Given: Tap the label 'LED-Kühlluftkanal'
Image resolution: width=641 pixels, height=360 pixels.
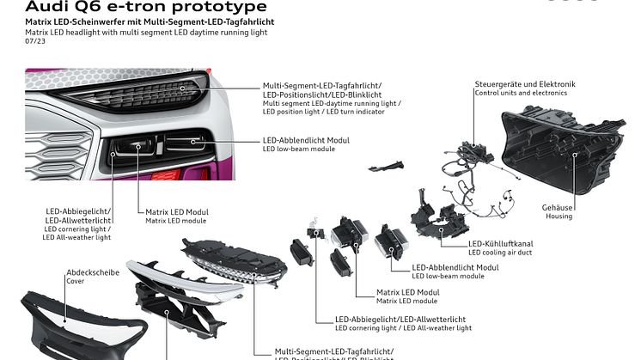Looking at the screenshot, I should tap(502, 243).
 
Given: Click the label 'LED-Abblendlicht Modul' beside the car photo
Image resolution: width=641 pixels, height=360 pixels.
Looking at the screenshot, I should tap(306, 139).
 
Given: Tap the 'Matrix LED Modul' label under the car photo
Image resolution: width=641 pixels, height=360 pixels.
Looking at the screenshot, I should tap(177, 211).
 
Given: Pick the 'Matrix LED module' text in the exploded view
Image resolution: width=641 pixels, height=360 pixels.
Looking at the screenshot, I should tap(407, 302).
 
